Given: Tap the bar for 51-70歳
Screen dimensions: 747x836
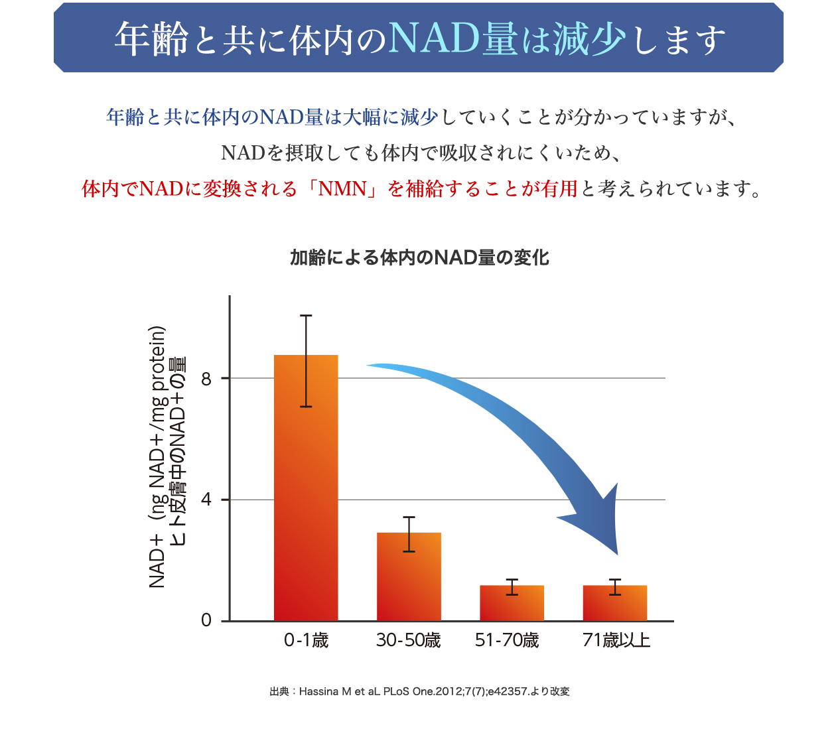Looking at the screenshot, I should [x=512, y=604].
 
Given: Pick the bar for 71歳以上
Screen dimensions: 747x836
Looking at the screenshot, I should [x=614, y=604].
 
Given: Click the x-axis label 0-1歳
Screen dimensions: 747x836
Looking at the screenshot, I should [x=306, y=640].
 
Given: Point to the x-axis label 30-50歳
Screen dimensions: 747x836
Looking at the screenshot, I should [x=408, y=640].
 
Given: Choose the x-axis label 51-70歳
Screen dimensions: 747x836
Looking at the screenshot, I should [x=507, y=640].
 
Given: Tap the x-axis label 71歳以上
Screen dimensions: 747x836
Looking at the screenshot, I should [x=616, y=640].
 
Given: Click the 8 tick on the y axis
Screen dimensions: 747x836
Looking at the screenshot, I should [x=206, y=379].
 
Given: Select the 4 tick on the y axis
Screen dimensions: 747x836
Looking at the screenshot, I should [x=206, y=500].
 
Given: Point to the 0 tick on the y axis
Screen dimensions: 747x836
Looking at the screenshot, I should [x=206, y=620].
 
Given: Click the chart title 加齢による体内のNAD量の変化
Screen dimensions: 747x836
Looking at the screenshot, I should [x=419, y=257].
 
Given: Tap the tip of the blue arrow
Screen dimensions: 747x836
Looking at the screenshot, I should [x=617, y=553].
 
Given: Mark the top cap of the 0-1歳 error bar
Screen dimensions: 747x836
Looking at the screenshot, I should [x=306, y=316].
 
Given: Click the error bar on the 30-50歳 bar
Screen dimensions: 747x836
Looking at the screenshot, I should [x=409, y=534].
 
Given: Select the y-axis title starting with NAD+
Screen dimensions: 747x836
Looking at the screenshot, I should [x=157, y=458].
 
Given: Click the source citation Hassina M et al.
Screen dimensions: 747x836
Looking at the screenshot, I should [x=419, y=691].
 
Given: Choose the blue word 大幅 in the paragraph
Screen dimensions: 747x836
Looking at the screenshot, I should [x=362, y=117].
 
